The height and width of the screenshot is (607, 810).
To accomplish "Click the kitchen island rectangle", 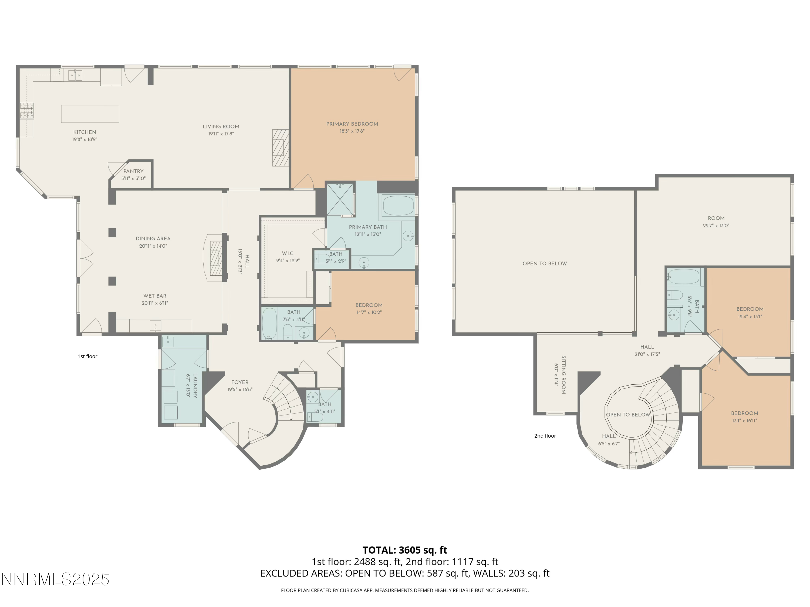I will (90, 114).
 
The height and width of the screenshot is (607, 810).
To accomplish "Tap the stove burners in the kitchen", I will (27, 111).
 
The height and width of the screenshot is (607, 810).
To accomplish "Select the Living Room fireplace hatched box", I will (281, 148).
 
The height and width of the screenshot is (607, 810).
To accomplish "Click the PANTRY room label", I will (133, 171).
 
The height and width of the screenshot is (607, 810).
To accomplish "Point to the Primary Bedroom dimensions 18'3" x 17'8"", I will (352, 131).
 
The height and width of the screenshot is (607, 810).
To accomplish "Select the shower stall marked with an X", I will (340, 199).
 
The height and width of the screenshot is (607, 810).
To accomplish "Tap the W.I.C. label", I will (288, 253).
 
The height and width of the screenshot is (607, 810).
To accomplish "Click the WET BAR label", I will (154, 296).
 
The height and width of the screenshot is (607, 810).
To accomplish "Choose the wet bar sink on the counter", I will (155, 325).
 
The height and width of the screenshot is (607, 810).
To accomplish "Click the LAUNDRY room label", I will (195, 386).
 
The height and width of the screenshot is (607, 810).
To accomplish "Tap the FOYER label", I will (240, 382).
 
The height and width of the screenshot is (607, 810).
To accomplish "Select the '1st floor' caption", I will (87, 356).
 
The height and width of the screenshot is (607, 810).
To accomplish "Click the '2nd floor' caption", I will (545, 436).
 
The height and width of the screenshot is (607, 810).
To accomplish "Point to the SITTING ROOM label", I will (563, 375).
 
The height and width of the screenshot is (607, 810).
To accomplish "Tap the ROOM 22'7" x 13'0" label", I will (716, 218).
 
